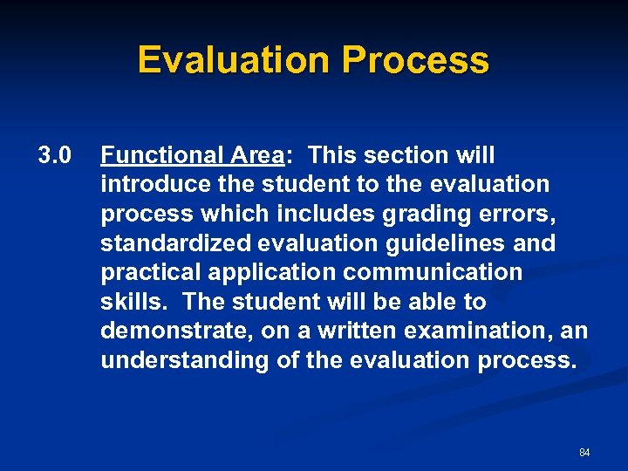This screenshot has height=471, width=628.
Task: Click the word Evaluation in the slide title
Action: click(x=235, y=60)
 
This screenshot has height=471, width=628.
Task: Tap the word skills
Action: click(x=126, y=302)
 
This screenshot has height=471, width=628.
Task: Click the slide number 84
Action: click(x=584, y=453)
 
